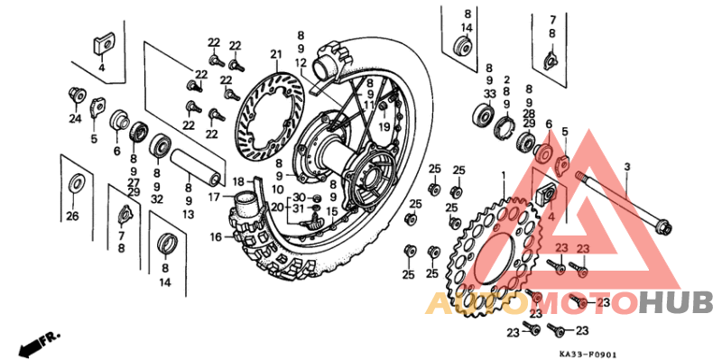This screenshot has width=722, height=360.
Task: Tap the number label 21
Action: (275, 54)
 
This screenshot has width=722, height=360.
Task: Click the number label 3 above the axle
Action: (626, 167)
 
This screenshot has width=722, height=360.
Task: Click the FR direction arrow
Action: (37, 344)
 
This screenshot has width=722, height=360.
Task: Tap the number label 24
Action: (76, 118)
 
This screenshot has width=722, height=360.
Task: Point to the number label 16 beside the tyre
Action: (217, 237)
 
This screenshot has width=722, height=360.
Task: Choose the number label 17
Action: (215, 197)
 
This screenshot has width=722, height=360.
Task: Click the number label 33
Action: (489, 93)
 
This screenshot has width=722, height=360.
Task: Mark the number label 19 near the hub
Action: (384, 127)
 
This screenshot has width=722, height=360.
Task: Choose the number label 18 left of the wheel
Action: (238, 181)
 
